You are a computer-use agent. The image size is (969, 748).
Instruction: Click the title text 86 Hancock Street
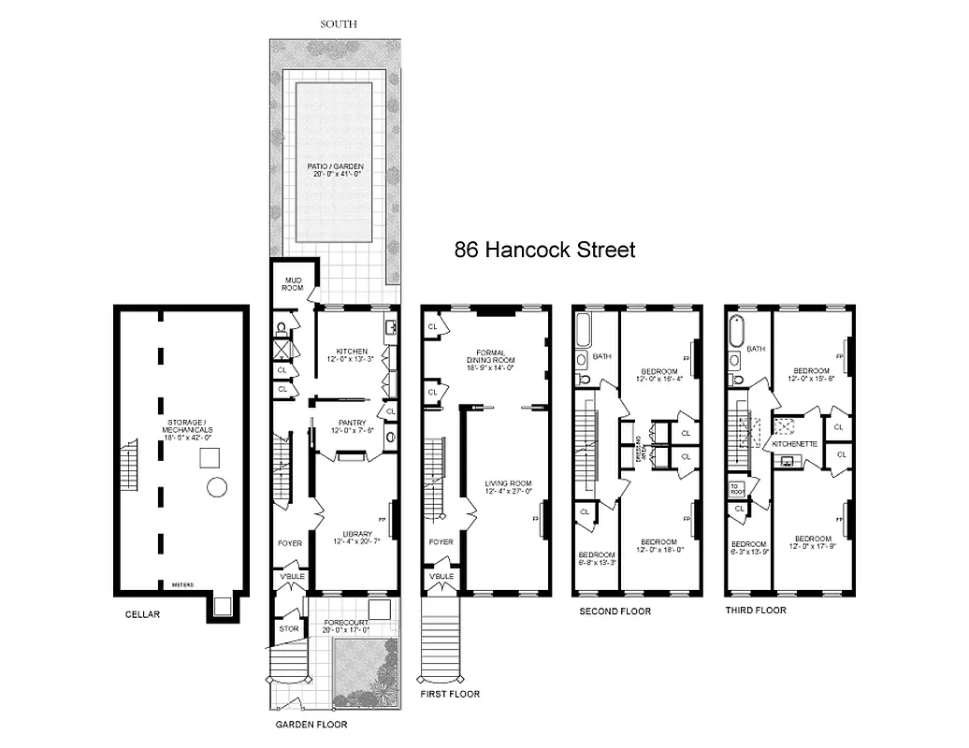[x=544, y=250]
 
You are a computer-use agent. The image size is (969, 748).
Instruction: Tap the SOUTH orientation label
[x=340, y=24]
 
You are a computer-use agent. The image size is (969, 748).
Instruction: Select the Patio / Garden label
[x=335, y=169]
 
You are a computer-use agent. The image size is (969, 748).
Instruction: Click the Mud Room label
[x=293, y=282]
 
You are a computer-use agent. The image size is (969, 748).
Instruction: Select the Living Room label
[x=508, y=486]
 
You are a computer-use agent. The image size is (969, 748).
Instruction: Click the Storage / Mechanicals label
[x=182, y=430]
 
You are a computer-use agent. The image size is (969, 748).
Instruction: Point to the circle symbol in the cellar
[x=217, y=487]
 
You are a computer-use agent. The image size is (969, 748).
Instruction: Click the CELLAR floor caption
[x=144, y=614]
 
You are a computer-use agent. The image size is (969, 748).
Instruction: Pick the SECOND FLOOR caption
[x=615, y=611]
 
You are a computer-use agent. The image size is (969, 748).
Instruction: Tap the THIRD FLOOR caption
[x=756, y=610]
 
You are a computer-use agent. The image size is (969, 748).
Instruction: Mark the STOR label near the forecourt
[x=289, y=628]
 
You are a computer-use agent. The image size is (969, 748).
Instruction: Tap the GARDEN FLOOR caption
[x=311, y=724]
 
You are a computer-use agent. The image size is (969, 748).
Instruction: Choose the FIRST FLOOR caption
[x=451, y=694]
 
